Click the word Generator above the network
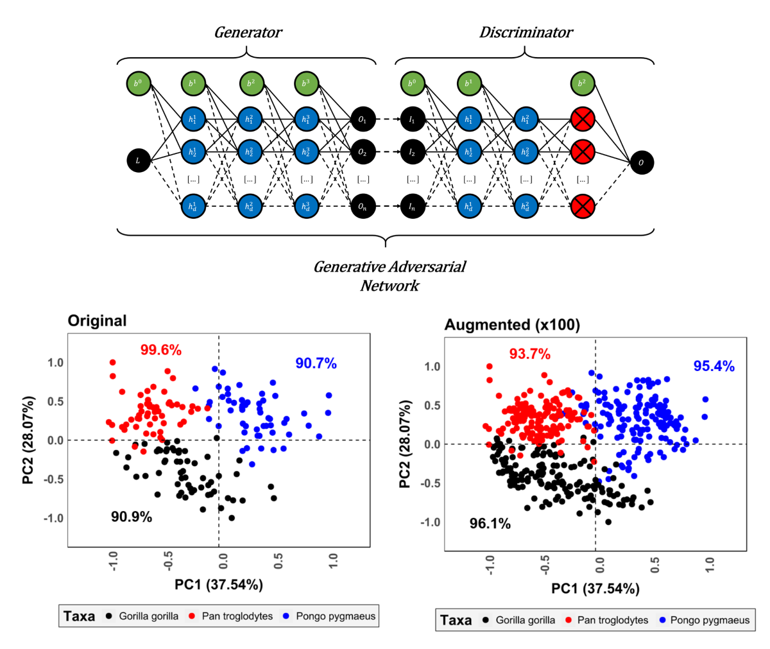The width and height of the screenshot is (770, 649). tap(248, 32)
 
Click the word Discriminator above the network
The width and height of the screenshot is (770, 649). tap(526, 32)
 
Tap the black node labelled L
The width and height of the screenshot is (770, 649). tap(138, 160)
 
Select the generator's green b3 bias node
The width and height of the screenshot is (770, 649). tap(306, 84)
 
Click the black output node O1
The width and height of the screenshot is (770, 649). tap(363, 119)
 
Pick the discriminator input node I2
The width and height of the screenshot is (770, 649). tap(413, 153)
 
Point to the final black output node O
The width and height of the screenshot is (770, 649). tap(640, 162)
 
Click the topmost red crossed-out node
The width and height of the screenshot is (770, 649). tap(583, 119)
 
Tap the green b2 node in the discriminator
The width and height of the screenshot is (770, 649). tap(583, 84)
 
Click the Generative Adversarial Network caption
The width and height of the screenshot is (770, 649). tap(389, 275)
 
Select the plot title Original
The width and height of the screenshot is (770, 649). tap(98, 320)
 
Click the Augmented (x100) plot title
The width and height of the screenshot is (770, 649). tap(512, 325)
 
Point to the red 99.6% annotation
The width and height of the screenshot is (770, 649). tap(161, 350)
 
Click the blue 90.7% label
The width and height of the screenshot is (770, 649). tap(316, 363)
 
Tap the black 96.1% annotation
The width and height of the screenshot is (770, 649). tap(490, 524)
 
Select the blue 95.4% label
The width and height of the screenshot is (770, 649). tap(714, 367)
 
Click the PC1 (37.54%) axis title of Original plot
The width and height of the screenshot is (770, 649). tap(219, 585)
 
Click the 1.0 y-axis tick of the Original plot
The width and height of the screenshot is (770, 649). tap(55, 363)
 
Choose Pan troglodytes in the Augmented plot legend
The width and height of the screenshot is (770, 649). tap(613, 620)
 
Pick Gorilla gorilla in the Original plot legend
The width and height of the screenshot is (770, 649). tap(149, 616)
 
